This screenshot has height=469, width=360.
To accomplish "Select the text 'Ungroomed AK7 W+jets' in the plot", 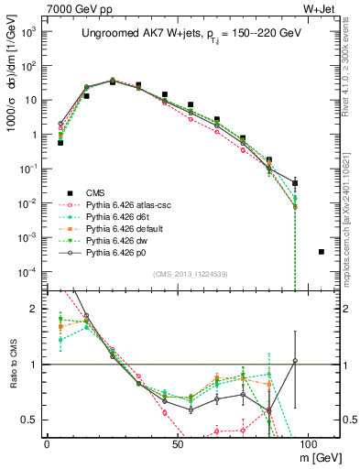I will click(x=129, y=33).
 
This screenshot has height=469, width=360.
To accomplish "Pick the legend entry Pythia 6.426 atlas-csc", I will click(x=125, y=204).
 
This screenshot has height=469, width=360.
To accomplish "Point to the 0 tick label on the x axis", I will click(x=47, y=442).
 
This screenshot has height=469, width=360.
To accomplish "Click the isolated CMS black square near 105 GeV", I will click(x=321, y=252).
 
